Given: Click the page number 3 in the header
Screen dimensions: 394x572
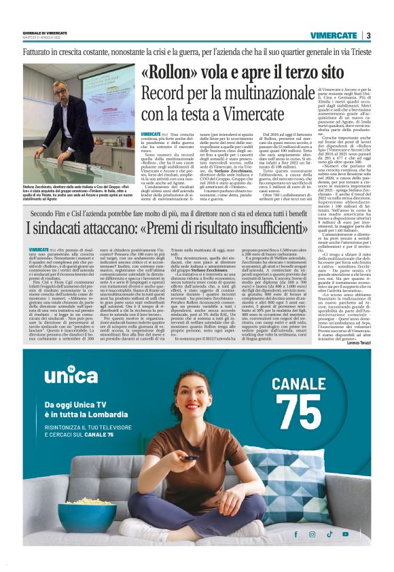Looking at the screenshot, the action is (368, 35).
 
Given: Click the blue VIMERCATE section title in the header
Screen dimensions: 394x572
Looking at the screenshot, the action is (334, 35).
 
